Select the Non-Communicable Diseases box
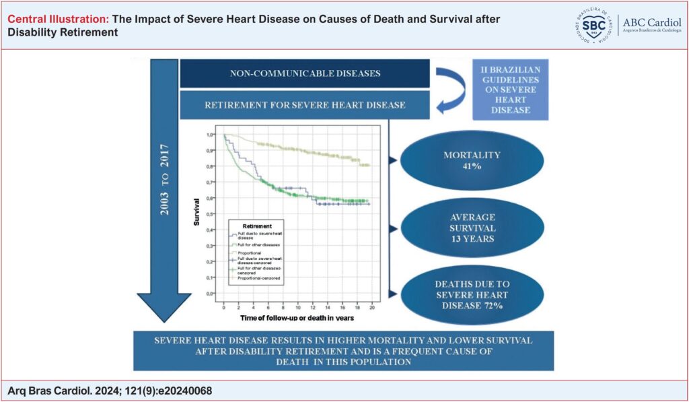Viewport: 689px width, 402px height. click(x=304, y=73)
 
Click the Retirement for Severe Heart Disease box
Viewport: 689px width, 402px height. click(x=304, y=104)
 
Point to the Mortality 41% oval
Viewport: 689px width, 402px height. click(x=462, y=160)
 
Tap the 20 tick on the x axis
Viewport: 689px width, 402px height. click(x=371, y=307)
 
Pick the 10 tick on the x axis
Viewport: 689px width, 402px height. click(x=297, y=307)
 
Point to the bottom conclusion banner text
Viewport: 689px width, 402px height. click(x=343, y=350)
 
